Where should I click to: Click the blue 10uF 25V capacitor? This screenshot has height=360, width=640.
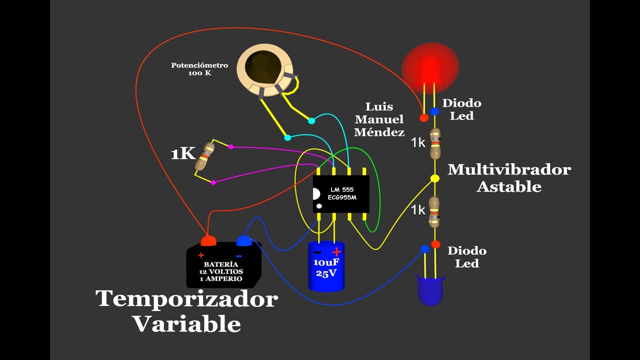click(326, 266)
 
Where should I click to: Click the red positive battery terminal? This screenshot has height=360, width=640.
click(208, 240)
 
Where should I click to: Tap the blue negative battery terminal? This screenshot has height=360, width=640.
click(243, 241)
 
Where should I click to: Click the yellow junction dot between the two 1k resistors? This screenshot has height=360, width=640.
click(435, 178)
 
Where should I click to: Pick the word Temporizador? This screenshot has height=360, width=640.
click(186, 299)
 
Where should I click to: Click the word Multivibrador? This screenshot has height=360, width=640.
click(509, 169)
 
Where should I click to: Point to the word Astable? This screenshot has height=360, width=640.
click(509, 187)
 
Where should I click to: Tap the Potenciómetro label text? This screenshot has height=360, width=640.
click(199, 65)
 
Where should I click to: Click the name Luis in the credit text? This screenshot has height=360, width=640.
click(379, 106)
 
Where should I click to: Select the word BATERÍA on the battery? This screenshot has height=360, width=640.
click(220, 264)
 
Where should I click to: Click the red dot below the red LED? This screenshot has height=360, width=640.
click(424, 118)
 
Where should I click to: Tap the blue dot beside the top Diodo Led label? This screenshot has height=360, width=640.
click(435, 112)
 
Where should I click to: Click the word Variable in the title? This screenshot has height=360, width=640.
click(186, 324)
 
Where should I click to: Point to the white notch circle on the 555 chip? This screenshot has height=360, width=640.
click(316, 194)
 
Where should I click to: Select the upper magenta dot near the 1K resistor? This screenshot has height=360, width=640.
click(230, 146)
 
